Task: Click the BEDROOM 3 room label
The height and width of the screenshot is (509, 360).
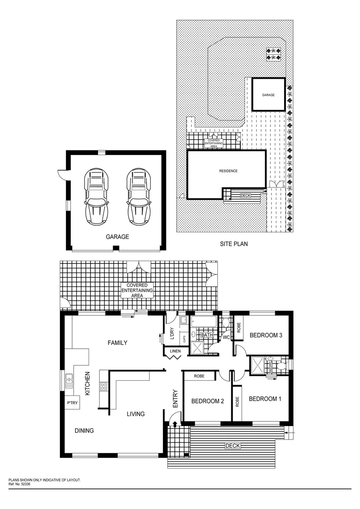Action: [266, 336]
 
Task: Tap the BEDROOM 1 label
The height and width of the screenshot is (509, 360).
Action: [265, 399]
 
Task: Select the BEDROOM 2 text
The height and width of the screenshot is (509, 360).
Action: [207, 402]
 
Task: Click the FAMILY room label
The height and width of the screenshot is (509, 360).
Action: [117, 343]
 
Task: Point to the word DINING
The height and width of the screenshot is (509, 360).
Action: [84, 430]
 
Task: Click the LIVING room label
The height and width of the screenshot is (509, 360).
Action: [135, 414]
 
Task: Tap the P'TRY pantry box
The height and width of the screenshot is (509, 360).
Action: [72, 403]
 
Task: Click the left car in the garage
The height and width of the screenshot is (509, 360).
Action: [96, 197]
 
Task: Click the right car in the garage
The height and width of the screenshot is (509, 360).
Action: [138, 197]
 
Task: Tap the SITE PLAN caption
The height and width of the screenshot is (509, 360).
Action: [234, 244]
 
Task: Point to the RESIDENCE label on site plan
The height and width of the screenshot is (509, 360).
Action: [228, 171]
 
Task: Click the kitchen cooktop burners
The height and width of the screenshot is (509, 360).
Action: [103, 387]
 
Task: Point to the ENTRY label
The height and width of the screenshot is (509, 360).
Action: [175, 398]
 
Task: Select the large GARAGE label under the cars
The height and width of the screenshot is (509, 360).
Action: [117, 237]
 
